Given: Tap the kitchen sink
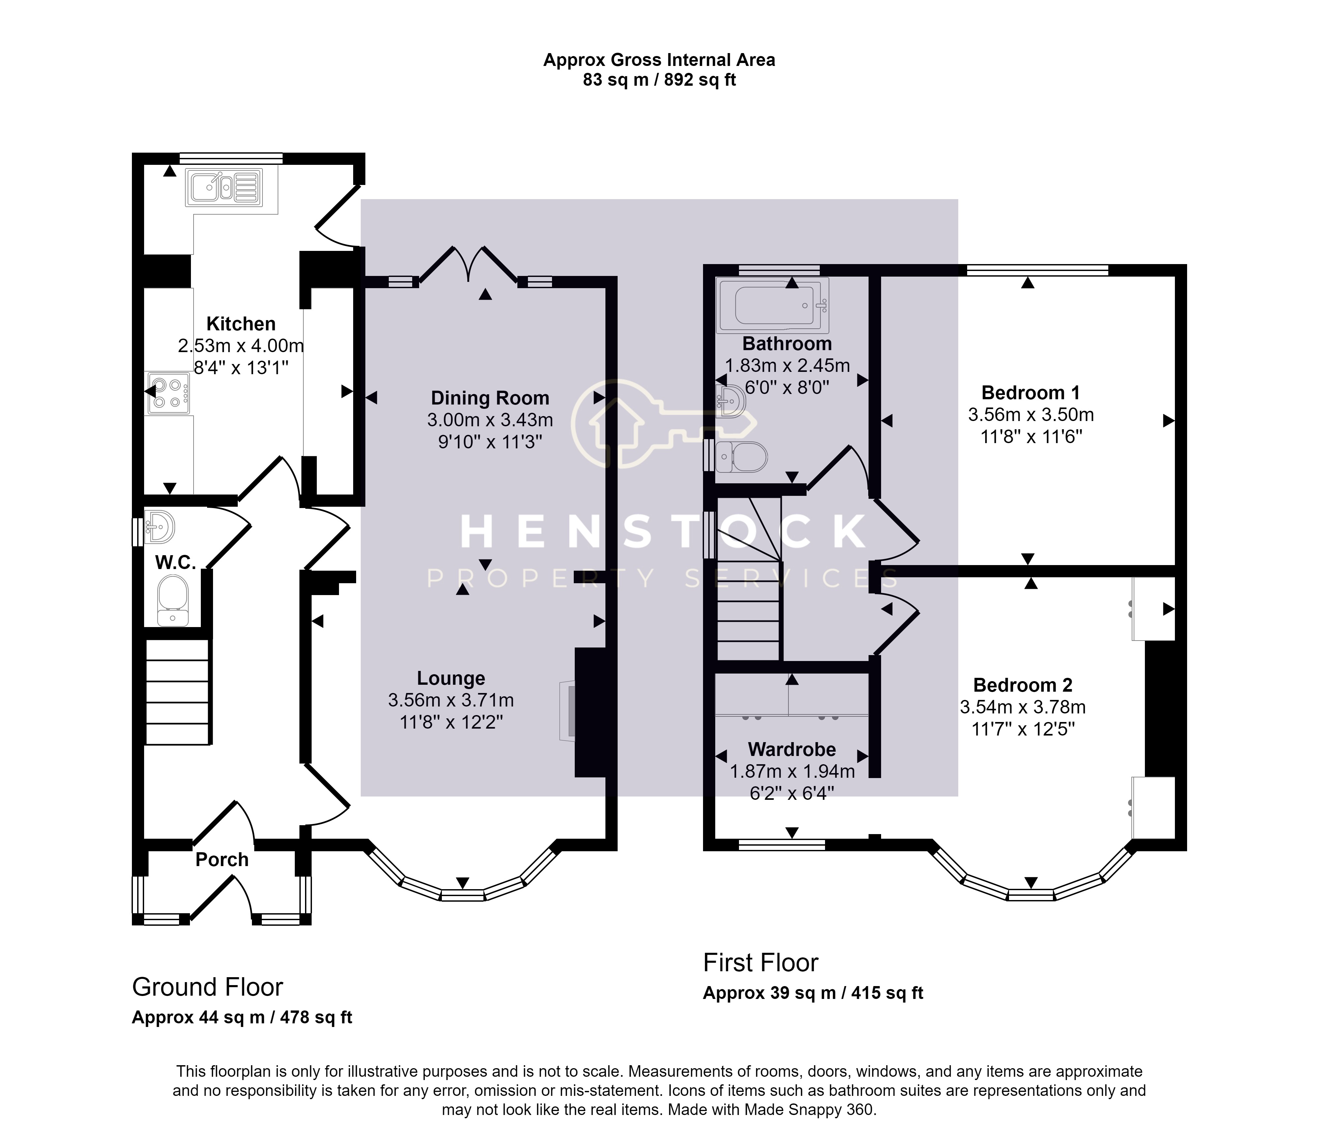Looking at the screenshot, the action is click(224, 188).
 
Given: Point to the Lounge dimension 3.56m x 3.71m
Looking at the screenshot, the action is click(451, 700).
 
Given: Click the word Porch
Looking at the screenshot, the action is click(222, 860).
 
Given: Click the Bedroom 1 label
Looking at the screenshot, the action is click(1030, 393).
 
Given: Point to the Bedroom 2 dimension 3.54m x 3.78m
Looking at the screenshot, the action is click(1023, 707).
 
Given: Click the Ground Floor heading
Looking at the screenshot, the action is click(207, 987).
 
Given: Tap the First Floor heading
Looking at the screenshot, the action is click(760, 963).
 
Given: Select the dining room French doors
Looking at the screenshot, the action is click(468, 263).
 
